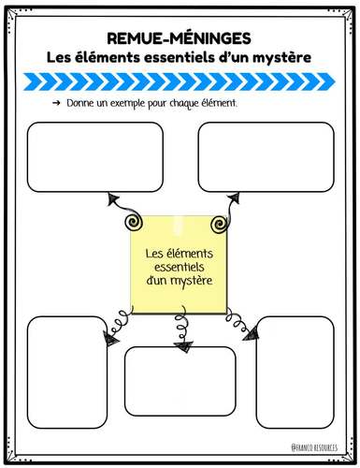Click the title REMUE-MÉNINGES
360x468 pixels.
tap(180, 40)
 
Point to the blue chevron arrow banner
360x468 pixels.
tap(180, 81)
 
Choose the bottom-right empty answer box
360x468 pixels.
tap(295, 372)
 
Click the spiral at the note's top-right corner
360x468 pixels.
tap(220, 225)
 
